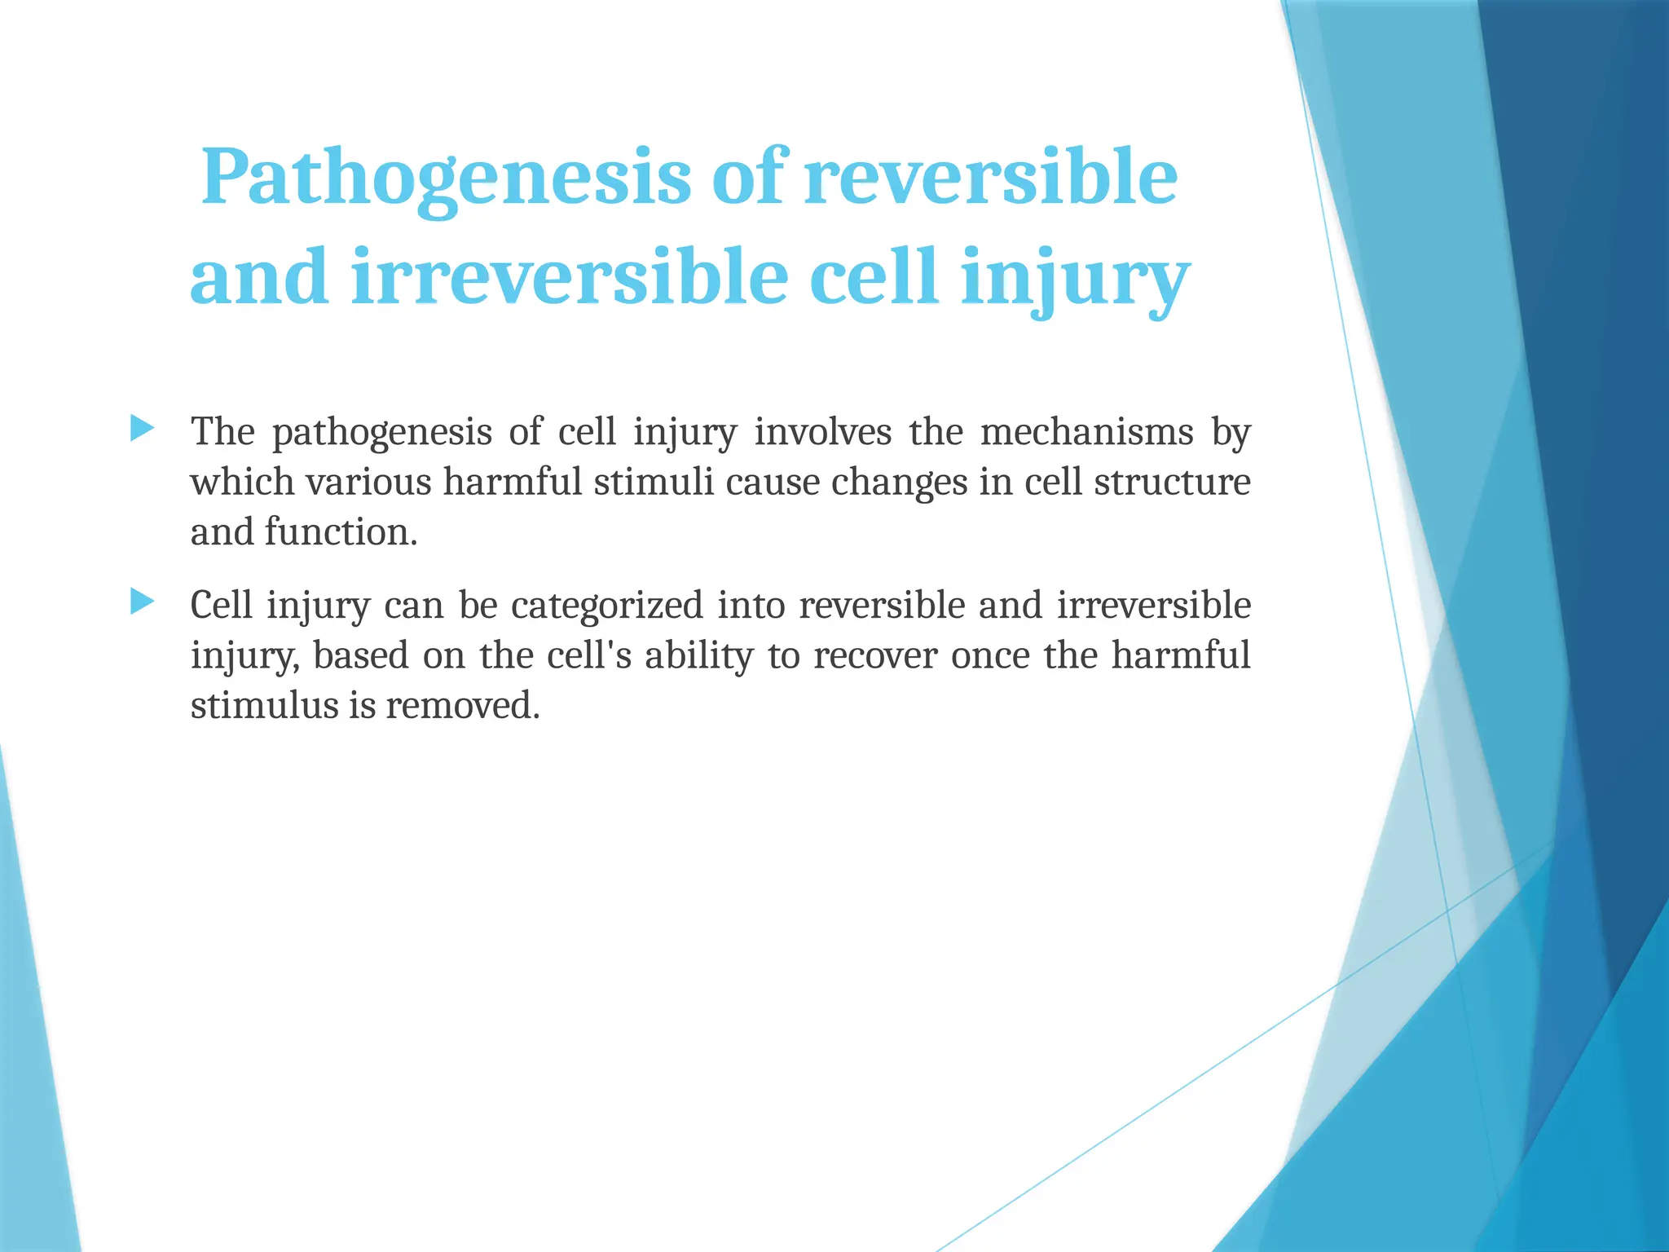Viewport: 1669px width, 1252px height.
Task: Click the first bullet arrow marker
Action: click(x=142, y=427)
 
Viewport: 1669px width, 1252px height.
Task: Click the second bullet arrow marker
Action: click(x=142, y=602)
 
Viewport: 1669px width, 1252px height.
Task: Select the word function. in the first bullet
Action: click(x=341, y=533)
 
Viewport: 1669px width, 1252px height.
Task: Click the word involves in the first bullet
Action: click(x=822, y=432)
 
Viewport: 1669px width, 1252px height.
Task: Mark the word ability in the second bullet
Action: click(x=698, y=656)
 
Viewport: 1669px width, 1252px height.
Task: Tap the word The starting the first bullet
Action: click(x=222, y=432)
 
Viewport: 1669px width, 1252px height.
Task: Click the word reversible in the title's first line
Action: click(x=990, y=179)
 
